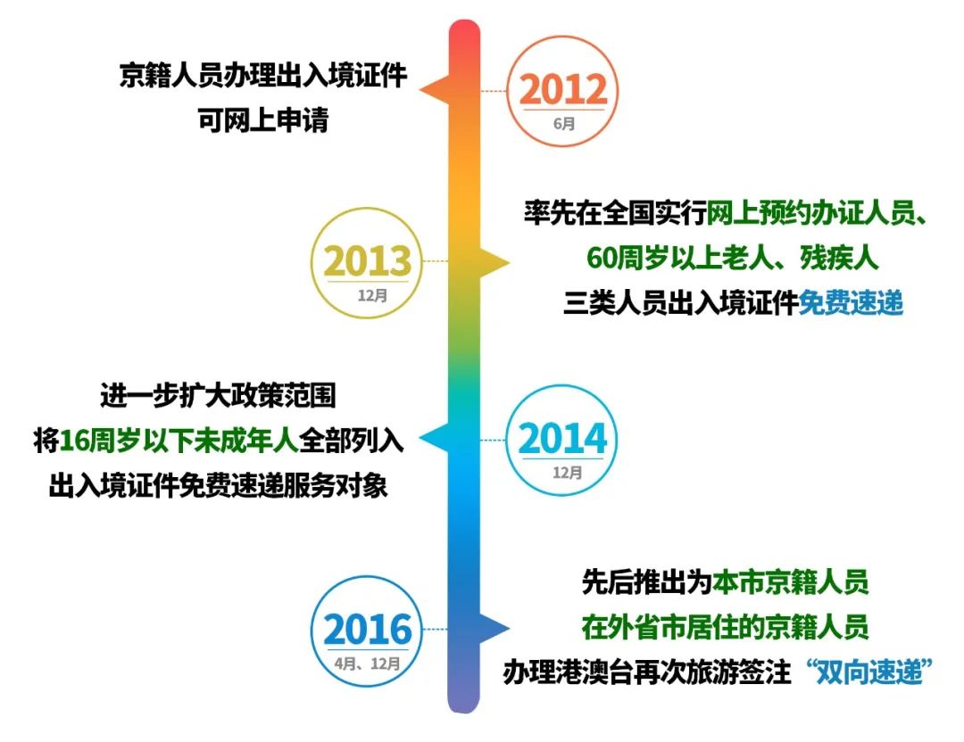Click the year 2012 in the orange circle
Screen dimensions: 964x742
(563, 90)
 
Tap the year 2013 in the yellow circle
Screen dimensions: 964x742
(368, 261)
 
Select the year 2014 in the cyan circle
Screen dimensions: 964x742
(562, 439)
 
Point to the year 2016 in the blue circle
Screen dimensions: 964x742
(368, 630)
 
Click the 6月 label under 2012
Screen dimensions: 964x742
(564, 123)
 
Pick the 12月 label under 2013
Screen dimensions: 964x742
(372, 295)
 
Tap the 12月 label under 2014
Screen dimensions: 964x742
(567, 473)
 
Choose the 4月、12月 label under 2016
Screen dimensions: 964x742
(368, 664)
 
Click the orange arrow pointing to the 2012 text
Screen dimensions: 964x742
(435, 90)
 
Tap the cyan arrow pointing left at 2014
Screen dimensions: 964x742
(435, 439)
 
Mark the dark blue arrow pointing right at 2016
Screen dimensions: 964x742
(494, 629)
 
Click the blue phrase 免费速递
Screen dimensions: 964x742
(851, 303)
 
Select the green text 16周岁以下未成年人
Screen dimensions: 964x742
(179, 441)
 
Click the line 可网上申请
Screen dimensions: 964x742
(263, 120)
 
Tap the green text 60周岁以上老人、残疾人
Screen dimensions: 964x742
(733, 258)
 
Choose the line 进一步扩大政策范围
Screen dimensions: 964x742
(219, 396)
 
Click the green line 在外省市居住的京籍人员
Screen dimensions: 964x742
(725, 627)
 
